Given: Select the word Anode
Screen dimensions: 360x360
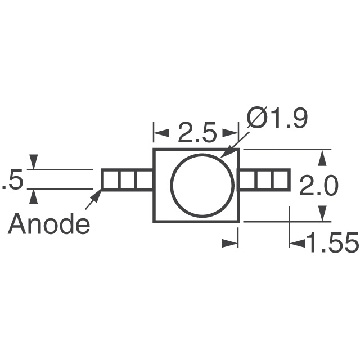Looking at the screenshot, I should pos(49,225).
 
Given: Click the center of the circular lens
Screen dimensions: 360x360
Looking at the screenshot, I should pos(202,186).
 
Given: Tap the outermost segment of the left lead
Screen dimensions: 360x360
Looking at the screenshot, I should pos(110,179).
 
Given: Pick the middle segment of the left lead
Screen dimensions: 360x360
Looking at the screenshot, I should pos(127,179).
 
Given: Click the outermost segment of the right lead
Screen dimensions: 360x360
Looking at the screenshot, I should pos(281,180).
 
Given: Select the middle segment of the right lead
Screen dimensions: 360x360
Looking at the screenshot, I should pos(264,180).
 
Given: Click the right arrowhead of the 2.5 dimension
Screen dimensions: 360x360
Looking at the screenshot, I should pos(231,134).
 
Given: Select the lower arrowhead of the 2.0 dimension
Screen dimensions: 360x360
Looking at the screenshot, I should pos(322,213).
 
